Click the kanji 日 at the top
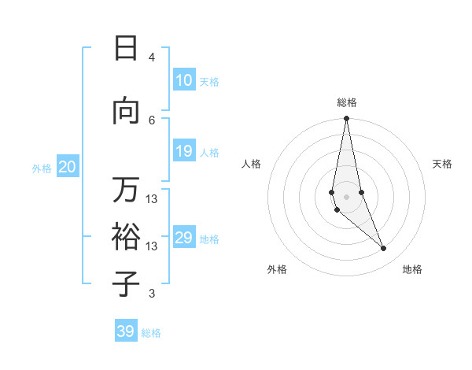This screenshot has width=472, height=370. click(126, 49)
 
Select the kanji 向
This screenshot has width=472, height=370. click(126, 112)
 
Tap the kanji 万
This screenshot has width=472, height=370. click(126, 190)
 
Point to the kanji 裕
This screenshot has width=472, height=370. click(126, 236)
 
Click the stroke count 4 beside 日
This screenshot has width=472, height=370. click(152, 57)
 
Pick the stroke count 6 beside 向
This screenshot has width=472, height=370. click(152, 120)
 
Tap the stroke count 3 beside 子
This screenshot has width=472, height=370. click(152, 294)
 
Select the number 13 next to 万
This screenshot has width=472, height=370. click(152, 198)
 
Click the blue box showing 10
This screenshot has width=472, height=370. click(183, 80)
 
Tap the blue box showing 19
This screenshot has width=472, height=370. click(183, 151)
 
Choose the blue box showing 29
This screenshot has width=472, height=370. click(183, 238)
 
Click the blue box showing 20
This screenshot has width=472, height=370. click(67, 167)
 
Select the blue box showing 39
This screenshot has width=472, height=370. click(125, 331)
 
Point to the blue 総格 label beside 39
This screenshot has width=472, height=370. click(151, 333)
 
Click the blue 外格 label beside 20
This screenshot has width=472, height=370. click(42, 168)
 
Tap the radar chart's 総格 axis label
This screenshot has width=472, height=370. click(346, 102)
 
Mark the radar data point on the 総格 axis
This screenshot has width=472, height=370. click(346, 119)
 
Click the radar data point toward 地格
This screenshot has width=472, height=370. click(384, 249)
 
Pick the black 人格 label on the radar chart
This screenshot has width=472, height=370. click(251, 164)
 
